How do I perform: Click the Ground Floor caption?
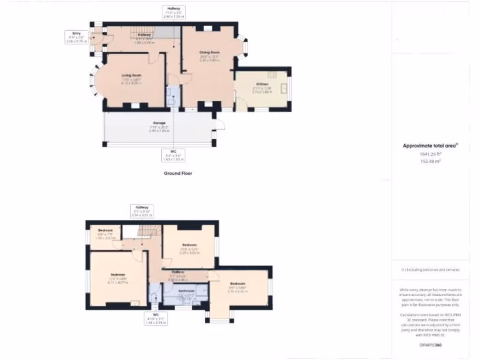coord(178,173)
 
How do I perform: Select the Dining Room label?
coord(210,52)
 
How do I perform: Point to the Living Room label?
coord(131,75)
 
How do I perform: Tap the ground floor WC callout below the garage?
coord(173,155)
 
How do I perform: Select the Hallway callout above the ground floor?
coord(173,12)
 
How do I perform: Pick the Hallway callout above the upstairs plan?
coord(142,211)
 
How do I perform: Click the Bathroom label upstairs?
coord(186,291)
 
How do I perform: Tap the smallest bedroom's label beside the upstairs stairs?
coord(105,230)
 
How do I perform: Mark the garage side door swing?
coord(219,124)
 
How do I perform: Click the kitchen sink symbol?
coord(284,89)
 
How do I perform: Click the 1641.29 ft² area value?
coord(430,153)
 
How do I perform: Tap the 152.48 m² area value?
coord(430,161)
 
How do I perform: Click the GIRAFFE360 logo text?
coord(430,345)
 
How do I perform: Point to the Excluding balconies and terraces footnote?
coord(430,270)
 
